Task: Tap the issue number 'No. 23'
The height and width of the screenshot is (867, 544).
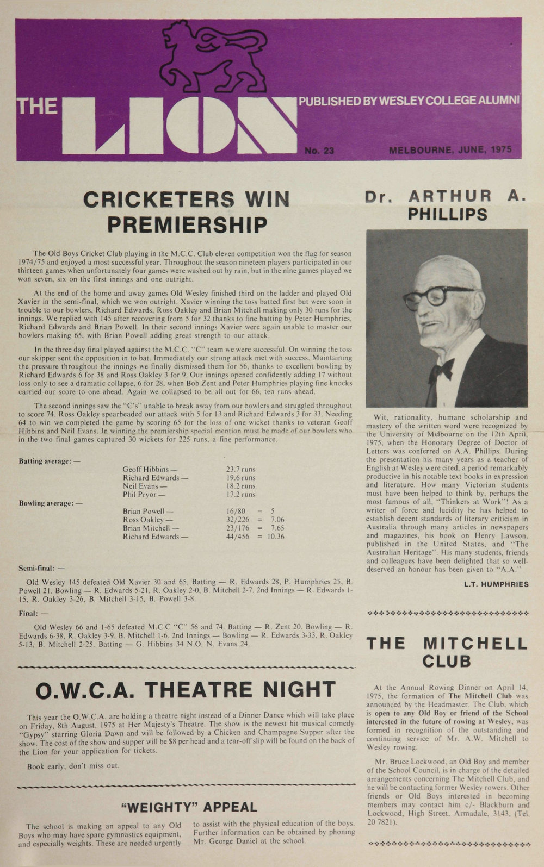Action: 319,151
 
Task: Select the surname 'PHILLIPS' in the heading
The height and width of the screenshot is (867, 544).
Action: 448,215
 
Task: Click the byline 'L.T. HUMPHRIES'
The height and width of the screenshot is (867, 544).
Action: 496,584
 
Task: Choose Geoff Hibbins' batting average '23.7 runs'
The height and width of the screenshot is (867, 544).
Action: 240,469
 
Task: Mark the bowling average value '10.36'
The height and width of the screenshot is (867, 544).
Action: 275,537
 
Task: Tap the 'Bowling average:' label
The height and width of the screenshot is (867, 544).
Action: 50,503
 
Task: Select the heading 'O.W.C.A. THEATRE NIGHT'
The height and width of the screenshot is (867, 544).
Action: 185,690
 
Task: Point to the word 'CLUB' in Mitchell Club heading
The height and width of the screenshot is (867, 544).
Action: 447,662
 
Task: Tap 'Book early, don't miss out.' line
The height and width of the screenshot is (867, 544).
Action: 73,766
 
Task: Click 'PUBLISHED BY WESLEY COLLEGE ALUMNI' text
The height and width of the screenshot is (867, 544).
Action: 409,101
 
